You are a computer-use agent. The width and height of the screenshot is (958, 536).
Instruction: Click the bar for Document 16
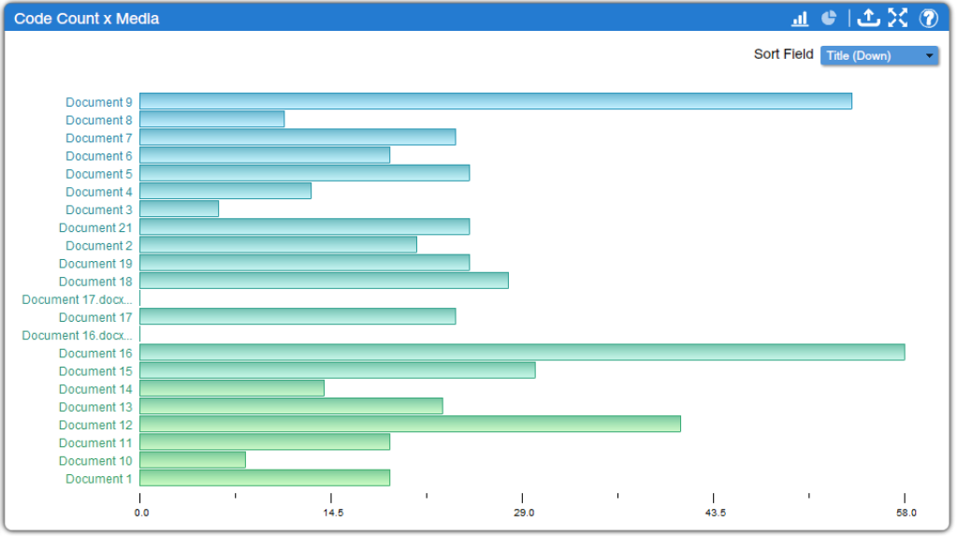(x=521, y=353)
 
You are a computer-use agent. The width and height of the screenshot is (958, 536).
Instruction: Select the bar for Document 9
(x=495, y=101)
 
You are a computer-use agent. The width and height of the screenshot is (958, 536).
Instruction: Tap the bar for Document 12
(x=410, y=425)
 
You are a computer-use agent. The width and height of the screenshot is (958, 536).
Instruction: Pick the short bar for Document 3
(x=179, y=210)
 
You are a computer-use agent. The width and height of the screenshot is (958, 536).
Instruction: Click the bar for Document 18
(x=324, y=282)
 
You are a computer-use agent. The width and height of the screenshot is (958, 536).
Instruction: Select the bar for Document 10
(x=193, y=460)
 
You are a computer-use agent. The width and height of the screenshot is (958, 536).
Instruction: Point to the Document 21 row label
(x=95, y=228)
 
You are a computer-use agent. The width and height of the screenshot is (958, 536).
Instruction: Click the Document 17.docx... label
(x=78, y=300)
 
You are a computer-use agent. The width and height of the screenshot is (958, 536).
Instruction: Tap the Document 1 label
(x=99, y=479)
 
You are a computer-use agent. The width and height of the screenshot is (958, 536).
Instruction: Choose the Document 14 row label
(x=95, y=389)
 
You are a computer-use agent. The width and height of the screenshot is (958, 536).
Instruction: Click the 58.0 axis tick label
(x=906, y=513)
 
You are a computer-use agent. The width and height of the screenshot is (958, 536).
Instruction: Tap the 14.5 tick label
(x=333, y=513)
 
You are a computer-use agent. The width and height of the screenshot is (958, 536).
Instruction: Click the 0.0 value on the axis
(x=141, y=513)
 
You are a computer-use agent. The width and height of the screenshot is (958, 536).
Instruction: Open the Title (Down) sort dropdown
(x=878, y=56)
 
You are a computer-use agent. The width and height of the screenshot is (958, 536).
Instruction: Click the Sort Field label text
(x=783, y=54)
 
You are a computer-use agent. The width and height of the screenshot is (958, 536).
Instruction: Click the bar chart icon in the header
(x=800, y=19)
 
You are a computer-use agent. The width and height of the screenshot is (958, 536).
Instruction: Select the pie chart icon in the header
(x=829, y=19)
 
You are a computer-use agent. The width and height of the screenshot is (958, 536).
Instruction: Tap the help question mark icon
(x=928, y=19)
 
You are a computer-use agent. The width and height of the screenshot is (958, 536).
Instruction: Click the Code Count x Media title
(x=86, y=19)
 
